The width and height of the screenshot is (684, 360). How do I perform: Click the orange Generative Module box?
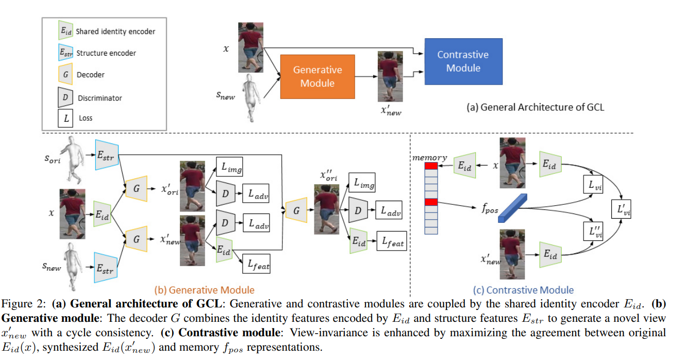tap(317, 76)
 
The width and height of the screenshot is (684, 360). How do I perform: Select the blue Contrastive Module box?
tap(462, 61)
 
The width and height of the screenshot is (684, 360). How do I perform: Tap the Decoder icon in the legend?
tap(65, 75)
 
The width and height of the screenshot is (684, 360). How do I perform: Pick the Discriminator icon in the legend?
tap(65, 97)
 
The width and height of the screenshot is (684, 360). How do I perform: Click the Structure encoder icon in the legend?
tap(65, 53)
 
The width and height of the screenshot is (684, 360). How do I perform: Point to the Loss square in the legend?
tap(65, 118)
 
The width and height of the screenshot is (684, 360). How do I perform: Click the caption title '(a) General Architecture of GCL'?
tap(535, 108)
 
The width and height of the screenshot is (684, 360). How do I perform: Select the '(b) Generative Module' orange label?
tap(205, 290)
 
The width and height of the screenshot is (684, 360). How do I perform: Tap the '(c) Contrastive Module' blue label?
tap(523, 290)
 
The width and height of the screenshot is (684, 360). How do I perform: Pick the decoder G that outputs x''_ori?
tap(296, 210)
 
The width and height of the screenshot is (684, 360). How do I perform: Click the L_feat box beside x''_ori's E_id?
tap(391, 241)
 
